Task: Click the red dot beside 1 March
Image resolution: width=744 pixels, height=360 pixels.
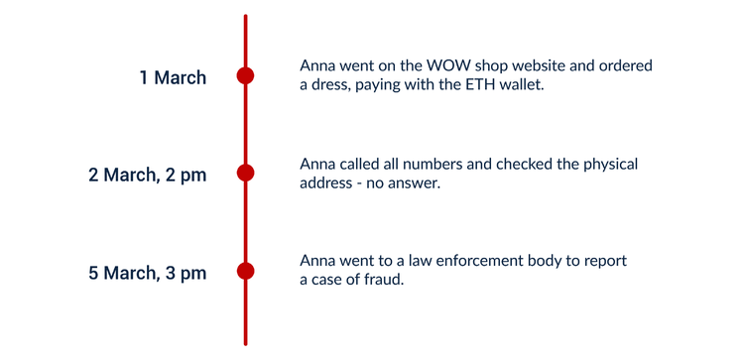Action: pos(245,75)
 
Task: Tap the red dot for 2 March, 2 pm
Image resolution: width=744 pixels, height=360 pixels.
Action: pos(245,174)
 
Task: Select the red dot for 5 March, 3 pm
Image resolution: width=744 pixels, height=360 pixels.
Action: pos(245,271)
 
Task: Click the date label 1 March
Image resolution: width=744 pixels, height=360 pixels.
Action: pos(173,77)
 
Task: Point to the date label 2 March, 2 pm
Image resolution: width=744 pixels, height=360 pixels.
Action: pos(147,176)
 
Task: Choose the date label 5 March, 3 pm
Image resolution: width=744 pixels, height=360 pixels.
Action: pos(147,273)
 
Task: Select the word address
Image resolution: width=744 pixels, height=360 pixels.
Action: pos(327,183)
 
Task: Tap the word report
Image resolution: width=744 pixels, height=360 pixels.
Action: pos(605,261)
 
